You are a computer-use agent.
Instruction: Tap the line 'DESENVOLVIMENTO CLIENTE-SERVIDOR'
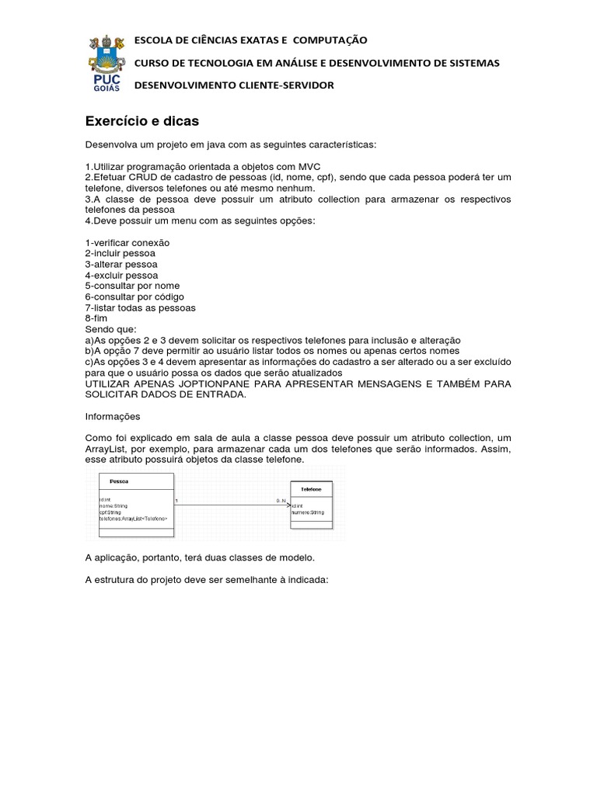click(x=234, y=85)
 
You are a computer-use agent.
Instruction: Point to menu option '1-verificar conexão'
click(x=127, y=243)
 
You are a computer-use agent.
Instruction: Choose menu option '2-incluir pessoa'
click(x=120, y=254)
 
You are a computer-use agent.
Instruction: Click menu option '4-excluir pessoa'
click(x=121, y=276)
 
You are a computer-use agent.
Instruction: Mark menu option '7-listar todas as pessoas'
click(x=140, y=308)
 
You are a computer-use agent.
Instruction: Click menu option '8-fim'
click(x=96, y=319)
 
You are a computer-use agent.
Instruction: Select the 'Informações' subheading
click(x=112, y=417)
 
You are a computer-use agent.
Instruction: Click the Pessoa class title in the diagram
click(x=119, y=481)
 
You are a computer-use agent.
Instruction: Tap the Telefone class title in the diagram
click(x=311, y=489)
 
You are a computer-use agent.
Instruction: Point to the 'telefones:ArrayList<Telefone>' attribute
click(x=133, y=519)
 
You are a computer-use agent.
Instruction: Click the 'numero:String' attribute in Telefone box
click(x=308, y=513)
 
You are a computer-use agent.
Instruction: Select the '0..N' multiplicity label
click(x=281, y=501)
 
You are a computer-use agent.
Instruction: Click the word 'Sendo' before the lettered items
click(x=97, y=330)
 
